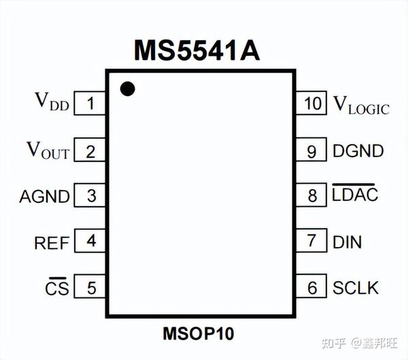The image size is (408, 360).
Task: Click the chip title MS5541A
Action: pos(197,50)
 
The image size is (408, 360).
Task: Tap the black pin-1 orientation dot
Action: pos(126,88)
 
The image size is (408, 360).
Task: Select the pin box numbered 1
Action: pos(90,104)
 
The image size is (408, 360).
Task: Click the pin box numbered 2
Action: pos(90,150)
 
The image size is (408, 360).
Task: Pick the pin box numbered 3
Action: pos(90,196)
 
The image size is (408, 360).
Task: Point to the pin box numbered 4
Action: pos(90,242)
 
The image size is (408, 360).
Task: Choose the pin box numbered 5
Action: pos(90,287)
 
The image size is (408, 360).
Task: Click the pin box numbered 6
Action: pos(312,287)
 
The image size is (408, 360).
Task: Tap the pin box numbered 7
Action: pos(312,242)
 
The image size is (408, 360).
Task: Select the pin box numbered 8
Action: pos(312,196)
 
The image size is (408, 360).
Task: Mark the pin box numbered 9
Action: pos(312,150)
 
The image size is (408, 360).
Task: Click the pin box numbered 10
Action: pos(312,104)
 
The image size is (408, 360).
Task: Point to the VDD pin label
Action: pos(52,102)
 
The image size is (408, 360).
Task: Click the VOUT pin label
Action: pos(48,150)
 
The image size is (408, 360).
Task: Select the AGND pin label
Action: pos(45,197)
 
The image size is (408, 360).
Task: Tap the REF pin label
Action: pos(51,242)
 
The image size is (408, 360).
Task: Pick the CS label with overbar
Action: pos(56,287)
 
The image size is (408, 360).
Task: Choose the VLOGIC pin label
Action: pos(360,105)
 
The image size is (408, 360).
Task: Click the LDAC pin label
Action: pos(354,195)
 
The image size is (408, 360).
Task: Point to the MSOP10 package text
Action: pos(197,334)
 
